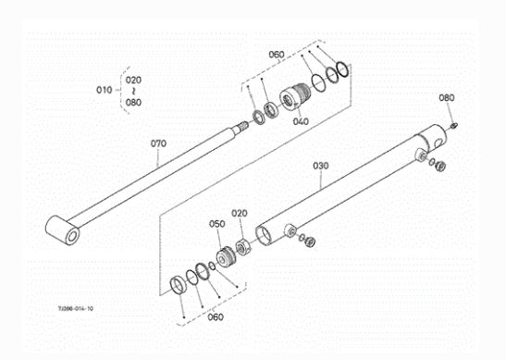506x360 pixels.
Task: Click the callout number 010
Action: tap(105, 90)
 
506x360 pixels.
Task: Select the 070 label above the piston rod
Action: tap(158, 143)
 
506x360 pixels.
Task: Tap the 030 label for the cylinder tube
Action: tap(321, 166)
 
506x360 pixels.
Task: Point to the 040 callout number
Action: tap(301, 121)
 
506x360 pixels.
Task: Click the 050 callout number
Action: tap(216, 224)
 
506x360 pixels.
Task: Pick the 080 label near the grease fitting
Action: tap(446, 97)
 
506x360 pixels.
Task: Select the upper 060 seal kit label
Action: tap(277, 55)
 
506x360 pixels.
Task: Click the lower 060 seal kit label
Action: tap(216, 317)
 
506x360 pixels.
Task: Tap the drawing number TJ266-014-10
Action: tap(76, 308)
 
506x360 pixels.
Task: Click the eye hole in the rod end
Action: tap(72, 236)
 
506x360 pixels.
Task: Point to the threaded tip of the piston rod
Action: tap(243, 125)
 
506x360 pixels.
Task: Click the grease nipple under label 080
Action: tap(453, 126)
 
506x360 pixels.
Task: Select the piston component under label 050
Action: tap(227, 257)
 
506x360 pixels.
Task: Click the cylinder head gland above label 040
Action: tap(295, 96)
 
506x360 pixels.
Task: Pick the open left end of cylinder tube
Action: tap(264, 236)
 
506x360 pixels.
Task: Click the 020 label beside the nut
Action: tap(240, 213)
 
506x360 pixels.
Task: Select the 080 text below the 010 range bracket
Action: tap(133, 103)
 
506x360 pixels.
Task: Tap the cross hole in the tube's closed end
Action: tap(438, 143)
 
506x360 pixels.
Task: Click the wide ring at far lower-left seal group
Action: tap(179, 285)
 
